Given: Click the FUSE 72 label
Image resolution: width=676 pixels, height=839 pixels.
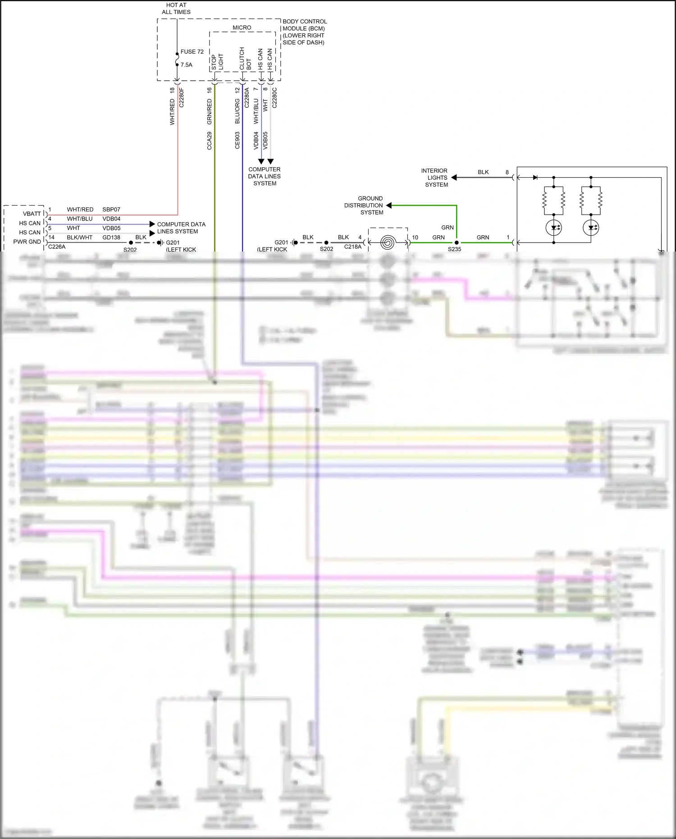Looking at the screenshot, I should pyautogui.click(x=192, y=52).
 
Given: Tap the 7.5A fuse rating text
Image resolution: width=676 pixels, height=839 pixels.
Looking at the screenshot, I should pyautogui.click(x=187, y=65).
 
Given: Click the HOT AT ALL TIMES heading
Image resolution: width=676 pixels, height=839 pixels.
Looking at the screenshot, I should pyautogui.click(x=176, y=9).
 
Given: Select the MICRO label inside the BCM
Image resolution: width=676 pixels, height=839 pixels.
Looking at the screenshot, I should pyautogui.click(x=242, y=28).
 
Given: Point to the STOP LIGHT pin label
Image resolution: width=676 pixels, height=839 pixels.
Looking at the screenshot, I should pyautogui.click(x=217, y=62).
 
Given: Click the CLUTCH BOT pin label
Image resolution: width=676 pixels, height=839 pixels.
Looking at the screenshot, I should pyautogui.click(x=245, y=59).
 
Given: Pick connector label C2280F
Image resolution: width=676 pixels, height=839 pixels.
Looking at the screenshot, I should pyautogui.click(x=182, y=97).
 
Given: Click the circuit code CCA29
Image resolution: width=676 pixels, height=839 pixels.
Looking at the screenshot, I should pyautogui.click(x=210, y=141).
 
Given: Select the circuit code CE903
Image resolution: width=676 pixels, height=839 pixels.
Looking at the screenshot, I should pyautogui.click(x=238, y=141).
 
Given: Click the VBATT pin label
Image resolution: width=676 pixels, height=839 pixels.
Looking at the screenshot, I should pyautogui.click(x=32, y=214).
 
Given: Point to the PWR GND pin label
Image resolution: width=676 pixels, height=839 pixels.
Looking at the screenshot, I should pyautogui.click(x=27, y=242).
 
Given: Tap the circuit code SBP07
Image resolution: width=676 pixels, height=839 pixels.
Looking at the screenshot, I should pyautogui.click(x=111, y=210).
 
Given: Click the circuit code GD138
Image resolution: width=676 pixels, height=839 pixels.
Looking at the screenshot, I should pyautogui.click(x=111, y=238).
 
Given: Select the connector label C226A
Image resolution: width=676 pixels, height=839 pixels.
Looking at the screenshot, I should pyautogui.click(x=57, y=247).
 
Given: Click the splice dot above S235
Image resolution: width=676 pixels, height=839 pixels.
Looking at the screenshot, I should pyautogui.click(x=457, y=243).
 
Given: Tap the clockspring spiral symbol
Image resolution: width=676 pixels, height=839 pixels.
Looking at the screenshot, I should pyautogui.click(x=388, y=243).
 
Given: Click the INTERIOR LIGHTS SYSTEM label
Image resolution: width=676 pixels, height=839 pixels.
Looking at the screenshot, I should pyautogui.click(x=435, y=178).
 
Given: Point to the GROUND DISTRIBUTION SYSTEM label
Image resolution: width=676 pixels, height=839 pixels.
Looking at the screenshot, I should pyautogui.click(x=364, y=206).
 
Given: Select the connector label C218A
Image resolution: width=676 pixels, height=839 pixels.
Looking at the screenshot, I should pyautogui.click(x=353, y=247).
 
